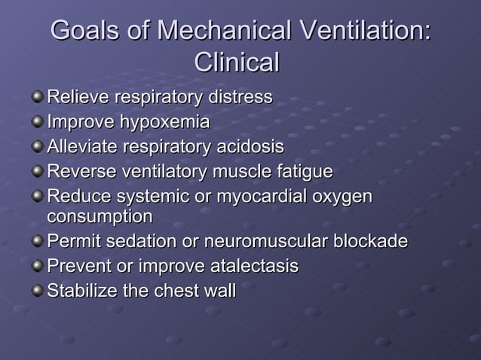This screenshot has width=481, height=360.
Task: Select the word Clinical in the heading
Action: [x=237, y=62]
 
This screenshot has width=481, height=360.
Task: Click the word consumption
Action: [x=100, y=218]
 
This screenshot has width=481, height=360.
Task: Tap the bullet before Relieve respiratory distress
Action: [x=37, y=98]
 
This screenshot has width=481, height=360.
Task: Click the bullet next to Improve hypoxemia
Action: [x=37, y=122]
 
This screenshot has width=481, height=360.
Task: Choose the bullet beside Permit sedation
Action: [x=37, y=243]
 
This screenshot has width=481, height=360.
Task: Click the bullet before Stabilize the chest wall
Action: [x=37, y=291]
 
